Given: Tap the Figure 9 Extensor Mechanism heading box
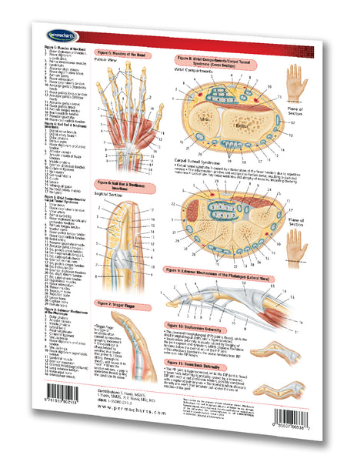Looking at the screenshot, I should pyautogui.click(x=231, y=271).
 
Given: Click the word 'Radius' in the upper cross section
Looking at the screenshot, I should pyautogui.click(x=205, y=122).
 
